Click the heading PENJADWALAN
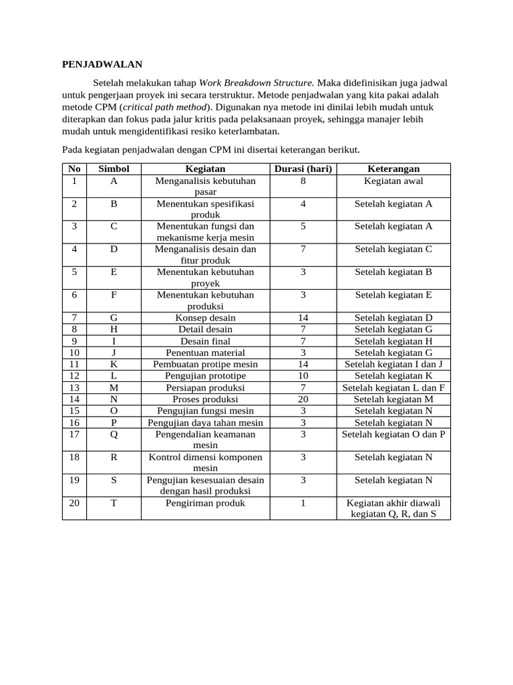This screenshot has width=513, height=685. [102, 64]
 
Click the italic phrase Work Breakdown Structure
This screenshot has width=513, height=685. [256, 83]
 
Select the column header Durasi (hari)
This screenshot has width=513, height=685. [303, 169]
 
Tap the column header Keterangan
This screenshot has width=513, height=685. [393, 169]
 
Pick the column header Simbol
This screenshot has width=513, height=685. [114, 169]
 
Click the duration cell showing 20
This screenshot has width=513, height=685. [303, 399]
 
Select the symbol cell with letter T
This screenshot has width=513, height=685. [114, 503]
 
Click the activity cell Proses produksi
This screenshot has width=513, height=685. [205, 399]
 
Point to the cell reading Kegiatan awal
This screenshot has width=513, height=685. [393, 181]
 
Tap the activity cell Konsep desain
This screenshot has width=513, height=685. [205, 318]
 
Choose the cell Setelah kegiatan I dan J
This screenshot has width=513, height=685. [393, 365]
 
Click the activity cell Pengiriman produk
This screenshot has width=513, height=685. [205, 503]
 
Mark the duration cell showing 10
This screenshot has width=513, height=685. [303, 376]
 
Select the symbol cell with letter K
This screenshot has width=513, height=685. [114, 365]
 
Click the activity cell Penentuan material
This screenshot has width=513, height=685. [205, 353]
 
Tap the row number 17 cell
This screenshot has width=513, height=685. [75, 433]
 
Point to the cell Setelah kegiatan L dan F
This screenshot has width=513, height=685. [393, 388]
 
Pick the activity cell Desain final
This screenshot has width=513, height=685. [205, 341]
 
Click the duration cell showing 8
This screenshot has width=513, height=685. [303, 181]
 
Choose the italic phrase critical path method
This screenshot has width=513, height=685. [164, 107]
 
